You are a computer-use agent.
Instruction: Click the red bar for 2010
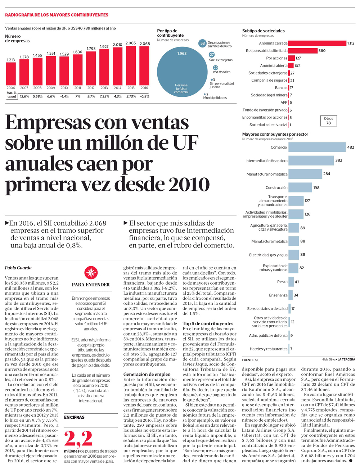point(64,71)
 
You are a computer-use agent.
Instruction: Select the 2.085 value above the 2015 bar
point(131,43)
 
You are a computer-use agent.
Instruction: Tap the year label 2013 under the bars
point(104,88)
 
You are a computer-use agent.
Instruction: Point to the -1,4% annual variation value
point(64,96)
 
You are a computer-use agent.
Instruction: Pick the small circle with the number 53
point(203,44)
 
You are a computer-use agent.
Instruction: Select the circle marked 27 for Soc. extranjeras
point(212,55)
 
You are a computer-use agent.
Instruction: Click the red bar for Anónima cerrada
point(317,43)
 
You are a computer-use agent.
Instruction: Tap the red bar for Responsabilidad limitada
point(303,51)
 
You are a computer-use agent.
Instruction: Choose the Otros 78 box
point(328,121)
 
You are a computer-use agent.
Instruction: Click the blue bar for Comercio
point(317,147)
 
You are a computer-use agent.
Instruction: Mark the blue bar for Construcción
point(300,187)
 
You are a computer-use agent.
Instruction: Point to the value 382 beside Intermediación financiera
point(339,160)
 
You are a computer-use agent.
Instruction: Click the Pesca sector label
point(282,282)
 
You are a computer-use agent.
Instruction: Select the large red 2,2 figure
point(78,439)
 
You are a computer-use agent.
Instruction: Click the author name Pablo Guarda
point(18,268)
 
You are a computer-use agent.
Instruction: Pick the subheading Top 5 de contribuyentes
point(208,323)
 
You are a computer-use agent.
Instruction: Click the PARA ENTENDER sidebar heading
point(91,285)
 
